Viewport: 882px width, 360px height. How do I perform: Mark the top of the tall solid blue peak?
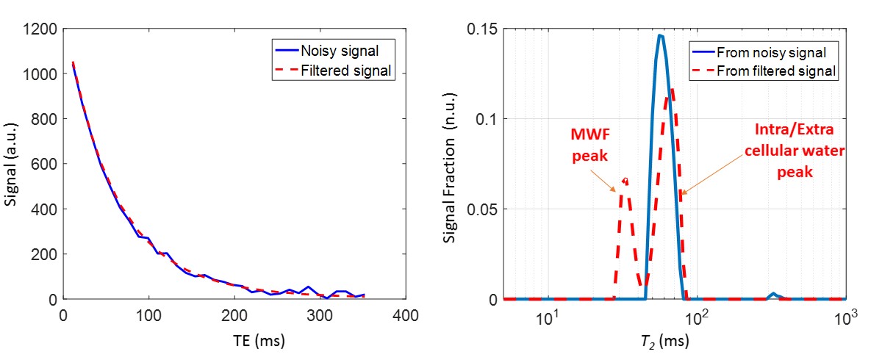point(661,35)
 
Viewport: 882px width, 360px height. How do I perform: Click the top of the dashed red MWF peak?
point(625,179)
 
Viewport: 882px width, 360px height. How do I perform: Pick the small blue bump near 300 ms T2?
point(772,294)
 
